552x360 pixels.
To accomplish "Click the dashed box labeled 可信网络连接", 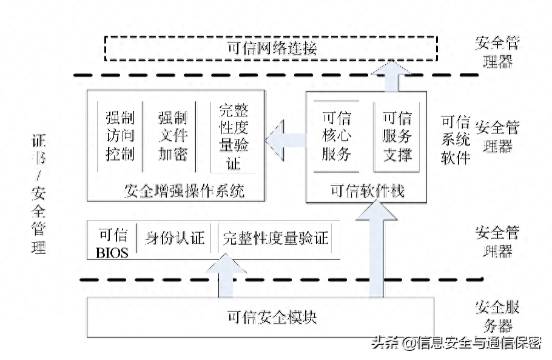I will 271,48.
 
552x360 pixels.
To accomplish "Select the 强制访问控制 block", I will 119,135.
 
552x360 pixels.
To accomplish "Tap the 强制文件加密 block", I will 173,135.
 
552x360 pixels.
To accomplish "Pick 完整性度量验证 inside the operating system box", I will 234,135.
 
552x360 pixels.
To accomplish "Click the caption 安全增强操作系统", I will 184,191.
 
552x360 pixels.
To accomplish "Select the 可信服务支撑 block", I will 397,135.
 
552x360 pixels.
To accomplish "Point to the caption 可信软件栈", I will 367,192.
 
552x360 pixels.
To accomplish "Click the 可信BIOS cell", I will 112,242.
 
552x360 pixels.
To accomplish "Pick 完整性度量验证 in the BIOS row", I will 275,238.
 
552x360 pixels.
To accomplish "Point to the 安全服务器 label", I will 497,316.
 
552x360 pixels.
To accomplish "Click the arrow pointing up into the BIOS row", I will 226,276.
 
